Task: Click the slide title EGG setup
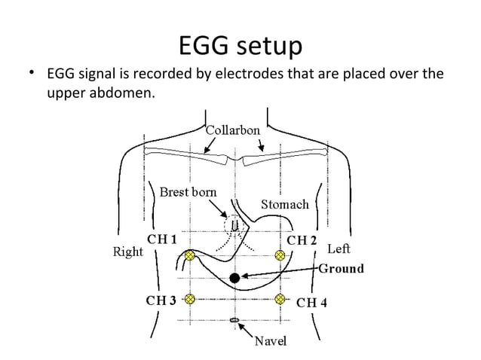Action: (240, 46)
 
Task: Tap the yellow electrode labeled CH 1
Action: (190, 256)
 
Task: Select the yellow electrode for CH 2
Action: (280, 256)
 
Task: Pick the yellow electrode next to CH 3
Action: (190, 299)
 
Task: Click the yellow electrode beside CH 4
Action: (280, 299)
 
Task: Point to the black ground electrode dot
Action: (234, 278)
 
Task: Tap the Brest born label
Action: (188, 192)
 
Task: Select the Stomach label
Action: (284, 204)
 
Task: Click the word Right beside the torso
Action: (127, 252)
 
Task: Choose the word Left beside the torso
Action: (338, 248)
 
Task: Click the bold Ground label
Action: (341, 268)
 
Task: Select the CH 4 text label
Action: (311, 303)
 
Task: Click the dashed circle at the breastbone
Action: (234, 224)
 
